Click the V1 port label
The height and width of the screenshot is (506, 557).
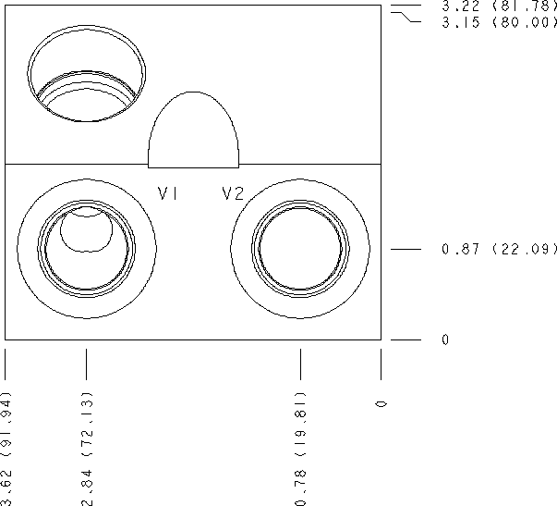[168, 193]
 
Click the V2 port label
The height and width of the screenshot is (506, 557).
[233, 193]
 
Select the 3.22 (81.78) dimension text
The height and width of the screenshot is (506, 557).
[499, 6]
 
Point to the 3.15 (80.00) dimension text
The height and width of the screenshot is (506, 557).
[499, 22]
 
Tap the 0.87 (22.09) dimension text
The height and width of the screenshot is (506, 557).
[499, 249]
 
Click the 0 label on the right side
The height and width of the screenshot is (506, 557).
[445, 339]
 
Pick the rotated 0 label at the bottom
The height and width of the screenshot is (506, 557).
[381, 404]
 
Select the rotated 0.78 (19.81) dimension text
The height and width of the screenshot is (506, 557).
[300, 449]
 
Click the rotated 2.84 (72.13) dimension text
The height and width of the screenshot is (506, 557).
[87, 449]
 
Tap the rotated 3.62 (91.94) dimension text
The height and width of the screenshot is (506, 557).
[6, 449]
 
